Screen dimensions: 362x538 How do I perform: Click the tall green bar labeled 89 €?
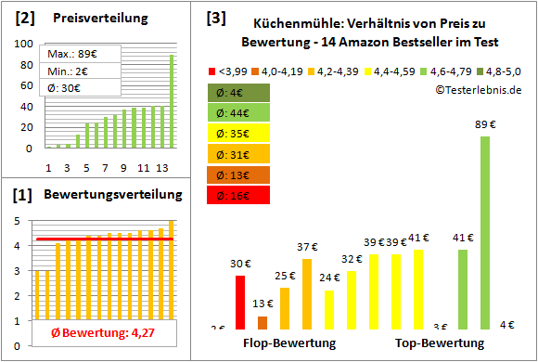(x=484, y=232)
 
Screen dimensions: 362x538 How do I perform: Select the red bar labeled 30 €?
(x=240, y=302)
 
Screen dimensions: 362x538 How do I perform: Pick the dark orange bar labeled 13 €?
(x=263, y=322)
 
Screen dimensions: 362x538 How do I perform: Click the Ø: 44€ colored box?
(x=239, y=113)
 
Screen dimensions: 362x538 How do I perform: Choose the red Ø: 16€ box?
(x=239, y=195)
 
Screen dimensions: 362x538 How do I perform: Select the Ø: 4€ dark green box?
(x=239, y=93)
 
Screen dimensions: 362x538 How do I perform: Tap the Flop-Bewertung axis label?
(x=289, y=343)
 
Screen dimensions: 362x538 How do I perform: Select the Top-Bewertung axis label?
(x=440, y=343)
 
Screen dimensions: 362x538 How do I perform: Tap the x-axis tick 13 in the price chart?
(x=161, y=167)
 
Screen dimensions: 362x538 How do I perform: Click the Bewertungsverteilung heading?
(x=109, y=196)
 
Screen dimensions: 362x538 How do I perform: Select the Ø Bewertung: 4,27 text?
(x=102, y=335)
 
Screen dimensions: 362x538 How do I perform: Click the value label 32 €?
(x=352, y=259)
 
